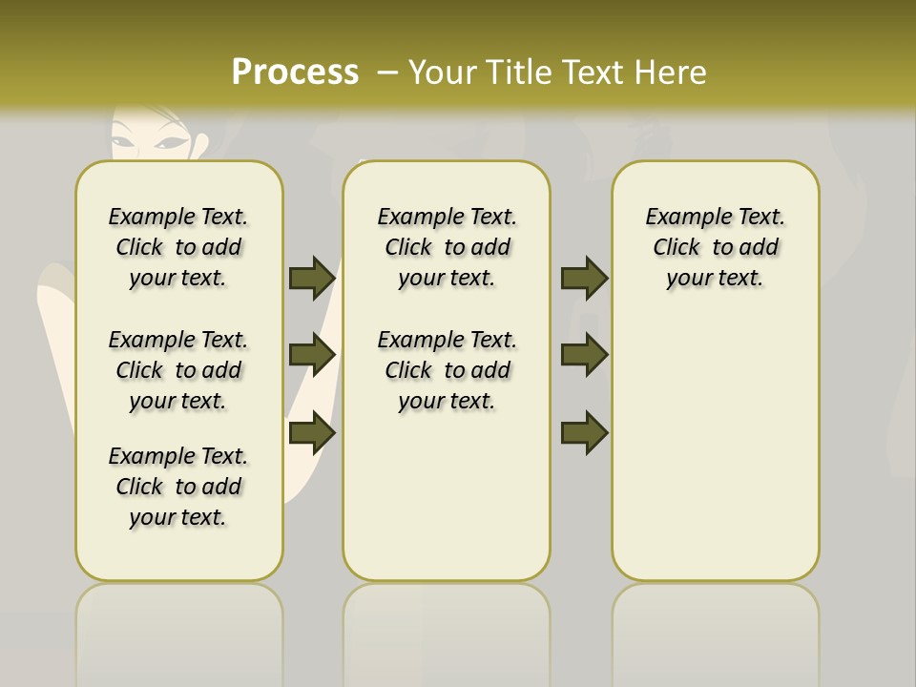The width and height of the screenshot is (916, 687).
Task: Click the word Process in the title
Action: [x=295, y=73]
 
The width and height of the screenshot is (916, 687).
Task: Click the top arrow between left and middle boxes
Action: [x=312, y=278]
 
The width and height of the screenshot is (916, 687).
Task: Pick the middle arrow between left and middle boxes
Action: [x=312, y=355]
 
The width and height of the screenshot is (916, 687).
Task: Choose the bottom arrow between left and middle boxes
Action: [x=312, y=432]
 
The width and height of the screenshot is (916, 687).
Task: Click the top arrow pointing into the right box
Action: [x=584, y=278]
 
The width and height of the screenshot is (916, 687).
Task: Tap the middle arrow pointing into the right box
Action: [x=584, y=355]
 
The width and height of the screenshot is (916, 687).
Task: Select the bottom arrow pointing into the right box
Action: [x=584, y=432]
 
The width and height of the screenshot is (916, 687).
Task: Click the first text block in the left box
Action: [x=178, y=247]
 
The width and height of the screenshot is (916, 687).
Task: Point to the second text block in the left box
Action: [x=178, y=370]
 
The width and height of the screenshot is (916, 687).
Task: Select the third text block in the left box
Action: [x=178, y=487]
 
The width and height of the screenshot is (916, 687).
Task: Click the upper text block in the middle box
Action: [x=447, y=247]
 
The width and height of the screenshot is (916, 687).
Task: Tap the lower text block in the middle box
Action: [x=447, y=370]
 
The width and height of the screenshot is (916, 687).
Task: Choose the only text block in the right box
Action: [x=715, y=247]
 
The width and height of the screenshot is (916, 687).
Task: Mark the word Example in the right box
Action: [x=681, y=218]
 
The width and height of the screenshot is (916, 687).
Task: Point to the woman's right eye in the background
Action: [x=125, y=144]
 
